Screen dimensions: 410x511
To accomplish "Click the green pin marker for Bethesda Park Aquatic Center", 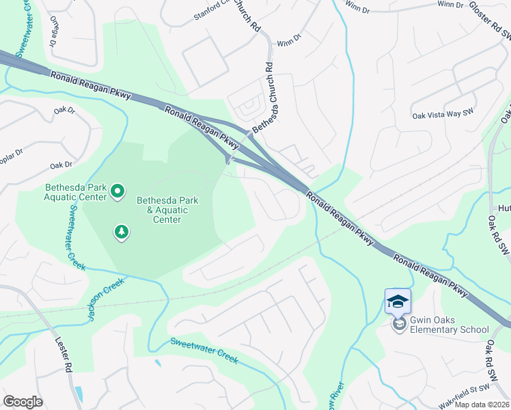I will (x=117, y=191).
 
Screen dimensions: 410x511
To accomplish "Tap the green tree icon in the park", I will (x=121, y=233).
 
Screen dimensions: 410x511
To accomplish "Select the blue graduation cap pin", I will (x=398, y=301).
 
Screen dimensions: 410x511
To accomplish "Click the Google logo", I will (x=23, y=402).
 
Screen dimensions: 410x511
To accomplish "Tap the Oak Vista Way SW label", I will (x=443, y=115).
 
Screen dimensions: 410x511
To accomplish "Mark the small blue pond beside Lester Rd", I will (x=79, y=394).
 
